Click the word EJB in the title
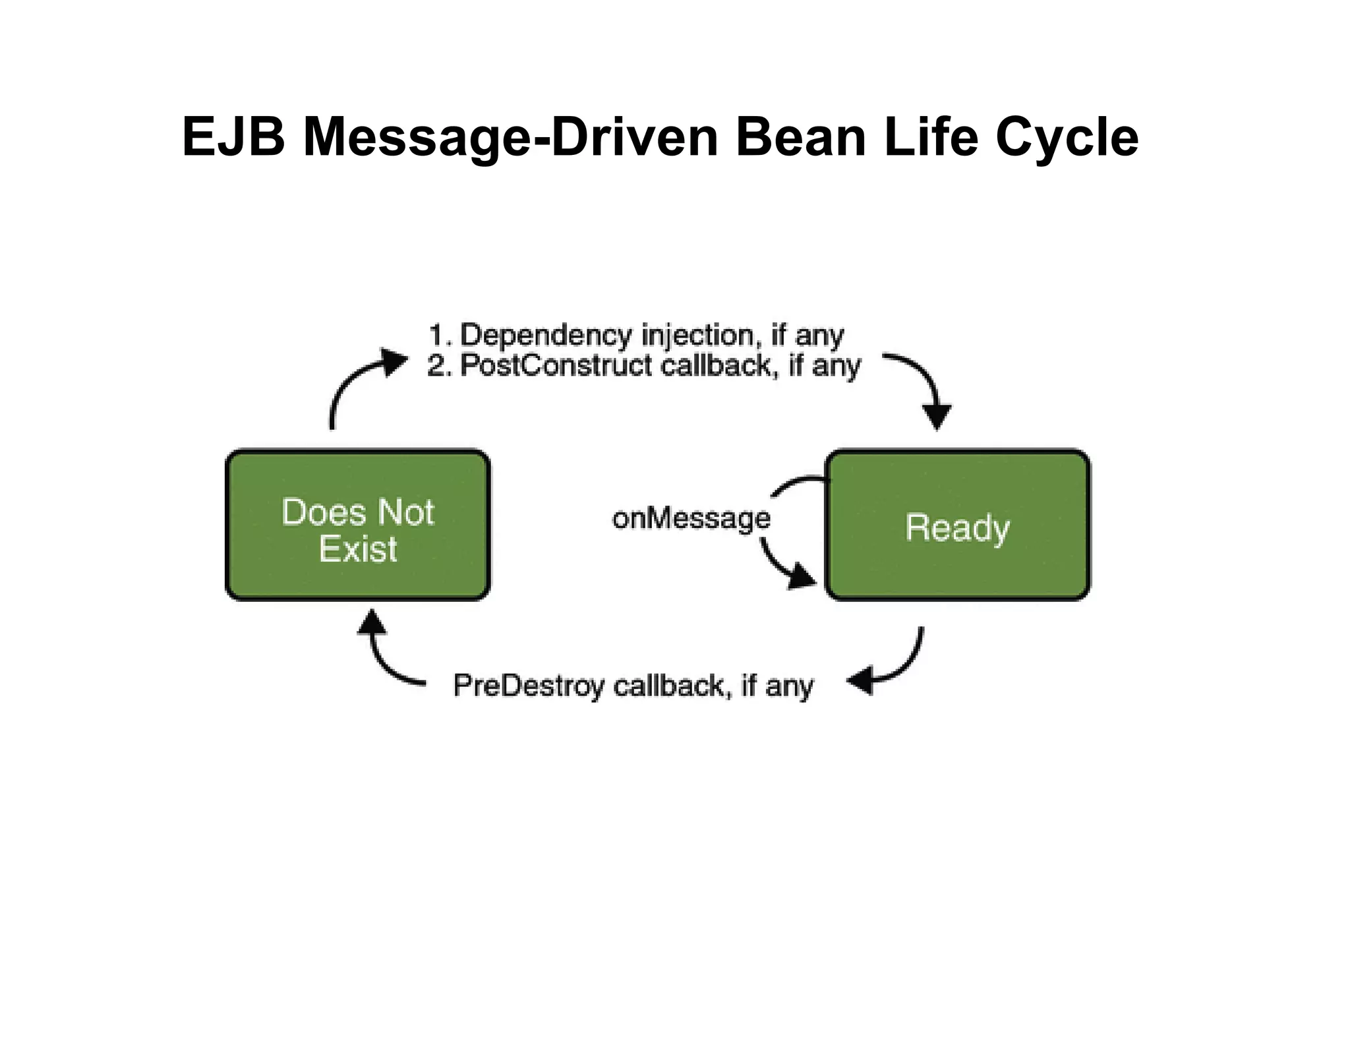point(233,137)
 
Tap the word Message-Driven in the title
point(510,137)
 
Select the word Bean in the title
point(800,137)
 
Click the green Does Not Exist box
point(358,525)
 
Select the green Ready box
point(957,525)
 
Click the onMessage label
point(691,518)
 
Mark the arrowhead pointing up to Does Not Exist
point(372,622)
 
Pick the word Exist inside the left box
point(358,549)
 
